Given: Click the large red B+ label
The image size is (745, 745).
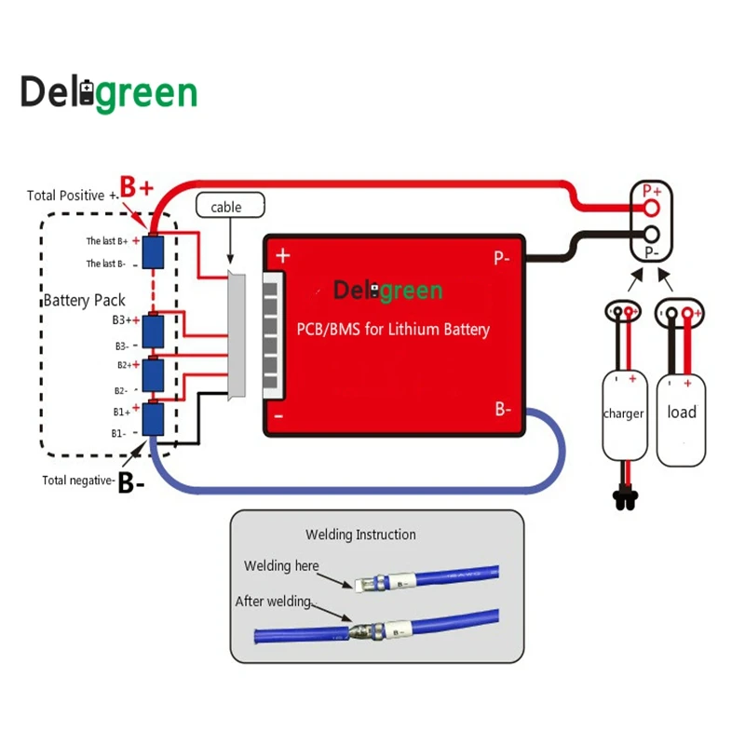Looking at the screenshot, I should (x=136, y=186).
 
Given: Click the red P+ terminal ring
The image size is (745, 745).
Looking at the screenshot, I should (x=653, y=208).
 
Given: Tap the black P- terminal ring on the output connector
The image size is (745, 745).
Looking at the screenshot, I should (x=653, y=235).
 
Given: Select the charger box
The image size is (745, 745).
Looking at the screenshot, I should (x=624, y=414).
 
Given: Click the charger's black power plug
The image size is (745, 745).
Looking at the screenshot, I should (x=622, y=499).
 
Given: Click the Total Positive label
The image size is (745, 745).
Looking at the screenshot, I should (x=73, y=196).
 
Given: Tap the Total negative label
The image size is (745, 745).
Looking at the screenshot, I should (x=79, y=481).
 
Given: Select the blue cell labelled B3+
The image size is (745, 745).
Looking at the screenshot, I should (x=153, y=330).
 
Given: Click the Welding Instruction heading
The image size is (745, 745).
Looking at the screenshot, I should (x=360, y=535).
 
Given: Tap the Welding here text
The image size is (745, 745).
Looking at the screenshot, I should (x=281, y=566).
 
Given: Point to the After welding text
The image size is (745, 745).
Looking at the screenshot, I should (x=273, y=602).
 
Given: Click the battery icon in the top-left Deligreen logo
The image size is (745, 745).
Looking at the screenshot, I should (x=88, y=93).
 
